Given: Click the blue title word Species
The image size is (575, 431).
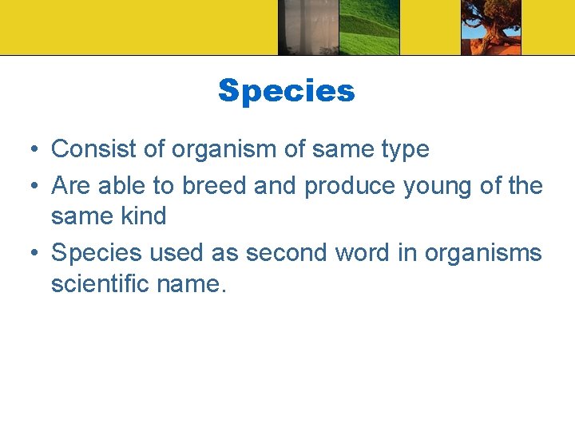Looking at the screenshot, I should [286, 91].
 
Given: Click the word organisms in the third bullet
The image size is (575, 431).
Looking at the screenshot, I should [482, 254].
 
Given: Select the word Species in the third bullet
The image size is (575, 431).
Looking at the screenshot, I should [95, 254].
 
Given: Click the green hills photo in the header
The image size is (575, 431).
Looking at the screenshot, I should [369, 27].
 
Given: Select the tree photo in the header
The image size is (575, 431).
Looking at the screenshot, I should [490, 27].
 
